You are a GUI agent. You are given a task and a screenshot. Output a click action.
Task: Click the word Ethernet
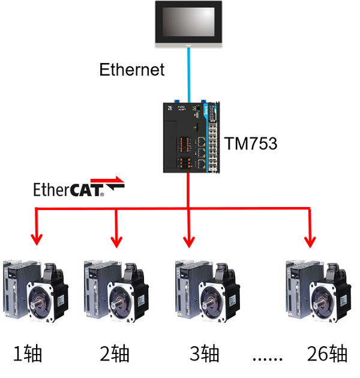coord(131,70)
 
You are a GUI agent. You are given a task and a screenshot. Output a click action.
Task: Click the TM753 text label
coord(251,143)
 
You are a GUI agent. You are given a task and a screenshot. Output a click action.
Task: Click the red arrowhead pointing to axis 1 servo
coord(38,239)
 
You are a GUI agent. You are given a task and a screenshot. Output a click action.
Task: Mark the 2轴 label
coord(115,353)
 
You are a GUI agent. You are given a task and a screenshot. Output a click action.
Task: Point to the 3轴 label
coord(205,353)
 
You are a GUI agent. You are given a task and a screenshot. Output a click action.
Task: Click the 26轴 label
coord(326,353)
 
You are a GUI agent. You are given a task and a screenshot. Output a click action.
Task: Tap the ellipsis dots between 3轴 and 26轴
coord(268,359)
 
